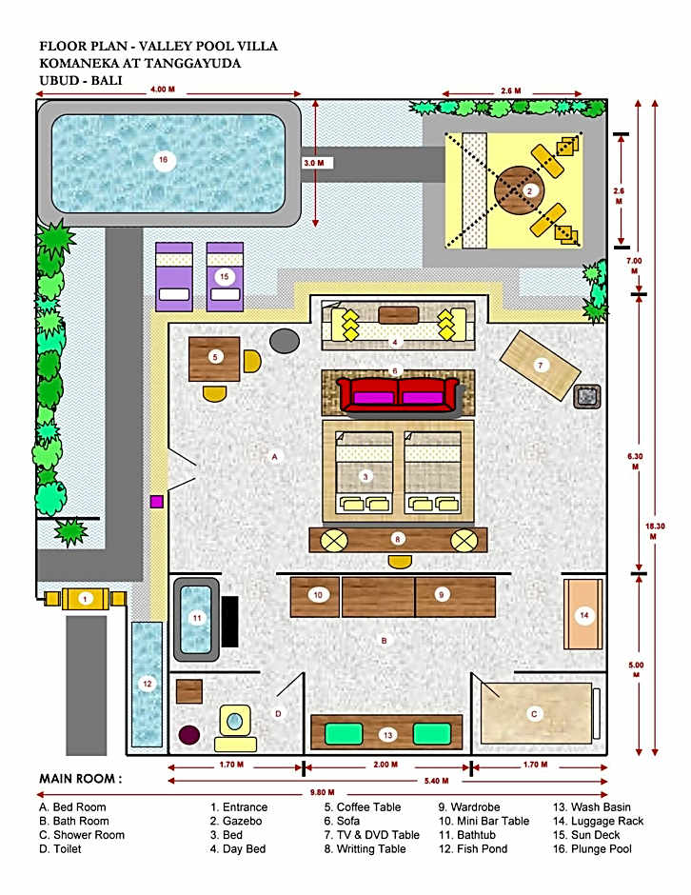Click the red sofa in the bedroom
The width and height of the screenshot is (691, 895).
click(398, 394)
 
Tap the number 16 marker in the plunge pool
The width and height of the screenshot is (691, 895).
click(163, 160)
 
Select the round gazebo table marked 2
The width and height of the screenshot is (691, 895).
click(520, 191)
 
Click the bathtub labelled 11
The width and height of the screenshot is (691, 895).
click(197, 619)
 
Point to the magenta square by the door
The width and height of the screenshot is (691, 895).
click(157, 502)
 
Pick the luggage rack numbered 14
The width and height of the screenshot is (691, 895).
click(583, 615)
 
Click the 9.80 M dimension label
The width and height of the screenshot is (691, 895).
click(323, 792)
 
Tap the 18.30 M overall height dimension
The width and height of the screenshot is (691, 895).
click(654, 531)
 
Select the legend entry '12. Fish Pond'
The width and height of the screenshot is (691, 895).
click(472, 848)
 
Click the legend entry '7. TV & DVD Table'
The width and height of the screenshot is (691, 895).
click(371, 834)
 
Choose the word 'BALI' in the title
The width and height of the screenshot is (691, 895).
click(107, 80)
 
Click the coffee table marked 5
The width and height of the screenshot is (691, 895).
click(214, 358)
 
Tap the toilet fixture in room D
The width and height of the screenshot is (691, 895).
click(235, 727)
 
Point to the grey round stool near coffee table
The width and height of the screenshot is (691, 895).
click(285, 341)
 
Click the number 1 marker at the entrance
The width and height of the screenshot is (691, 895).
click(85, 599)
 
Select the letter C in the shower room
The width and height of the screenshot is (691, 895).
click(534, 713)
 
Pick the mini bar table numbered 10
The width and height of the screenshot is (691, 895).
click(315, 597)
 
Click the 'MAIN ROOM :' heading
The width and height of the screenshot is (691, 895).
click(81, 779)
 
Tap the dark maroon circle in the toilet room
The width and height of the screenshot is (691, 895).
click(189, 735)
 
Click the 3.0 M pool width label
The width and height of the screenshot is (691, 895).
click(314, 163)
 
